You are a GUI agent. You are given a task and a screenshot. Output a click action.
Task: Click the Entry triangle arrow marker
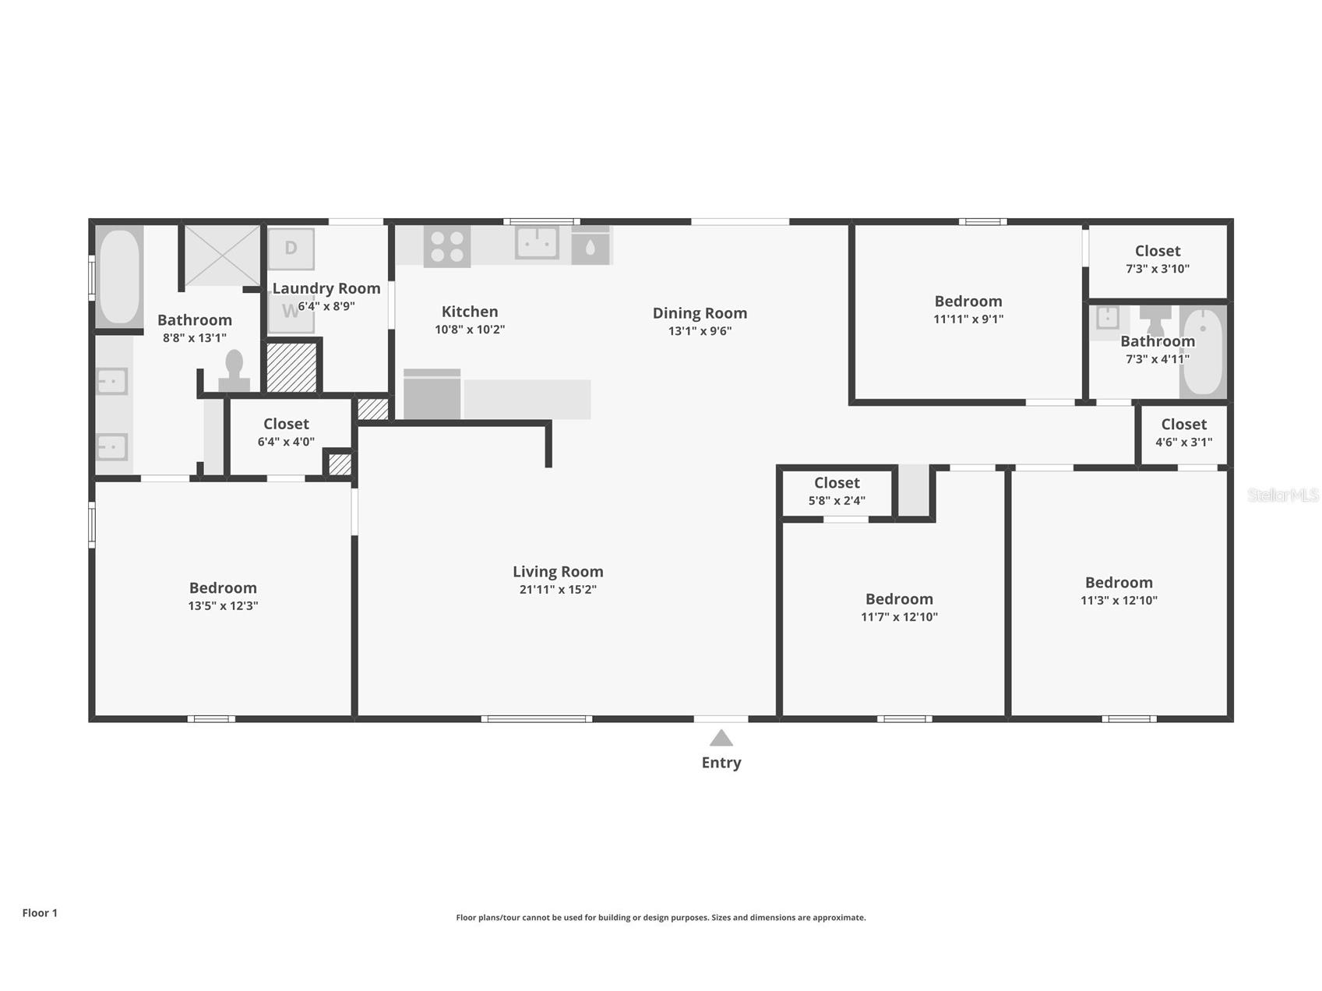tap(721, 738)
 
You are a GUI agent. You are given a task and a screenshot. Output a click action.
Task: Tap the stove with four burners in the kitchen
tap(447, 246)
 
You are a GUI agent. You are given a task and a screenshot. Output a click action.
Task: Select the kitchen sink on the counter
tap(537, 242)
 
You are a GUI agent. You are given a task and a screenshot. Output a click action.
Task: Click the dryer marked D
tap(291, 249)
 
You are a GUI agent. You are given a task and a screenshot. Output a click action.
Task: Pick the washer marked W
tap(291, 312)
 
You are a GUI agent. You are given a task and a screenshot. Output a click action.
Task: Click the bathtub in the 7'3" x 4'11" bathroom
tap(1203, 352)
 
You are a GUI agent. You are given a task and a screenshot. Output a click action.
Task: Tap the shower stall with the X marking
tap(222, 256)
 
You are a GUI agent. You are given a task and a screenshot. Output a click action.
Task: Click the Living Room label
tap(558, 571)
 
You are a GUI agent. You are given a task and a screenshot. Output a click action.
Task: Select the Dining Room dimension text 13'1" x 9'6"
tap(700, 331)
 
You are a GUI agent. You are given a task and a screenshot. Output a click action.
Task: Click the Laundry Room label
tap(326, 288)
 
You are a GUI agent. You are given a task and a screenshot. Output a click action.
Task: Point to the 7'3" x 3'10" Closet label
tap(1157, 251)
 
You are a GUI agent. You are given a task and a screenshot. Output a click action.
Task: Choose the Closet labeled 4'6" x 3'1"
tap(1183, 425)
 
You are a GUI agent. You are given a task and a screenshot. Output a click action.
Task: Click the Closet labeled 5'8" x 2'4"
tap(837, 483)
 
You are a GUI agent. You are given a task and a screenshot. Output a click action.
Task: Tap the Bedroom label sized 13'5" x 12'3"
tap(223, 588)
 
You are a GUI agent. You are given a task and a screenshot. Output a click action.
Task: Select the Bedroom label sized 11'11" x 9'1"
tap(968, 302)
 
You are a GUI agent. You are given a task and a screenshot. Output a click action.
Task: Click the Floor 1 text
tap(40, 913)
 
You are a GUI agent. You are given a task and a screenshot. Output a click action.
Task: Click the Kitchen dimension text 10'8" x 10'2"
tap(470, 330)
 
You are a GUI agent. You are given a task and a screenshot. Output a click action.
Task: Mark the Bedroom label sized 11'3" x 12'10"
tap(1119, 583)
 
